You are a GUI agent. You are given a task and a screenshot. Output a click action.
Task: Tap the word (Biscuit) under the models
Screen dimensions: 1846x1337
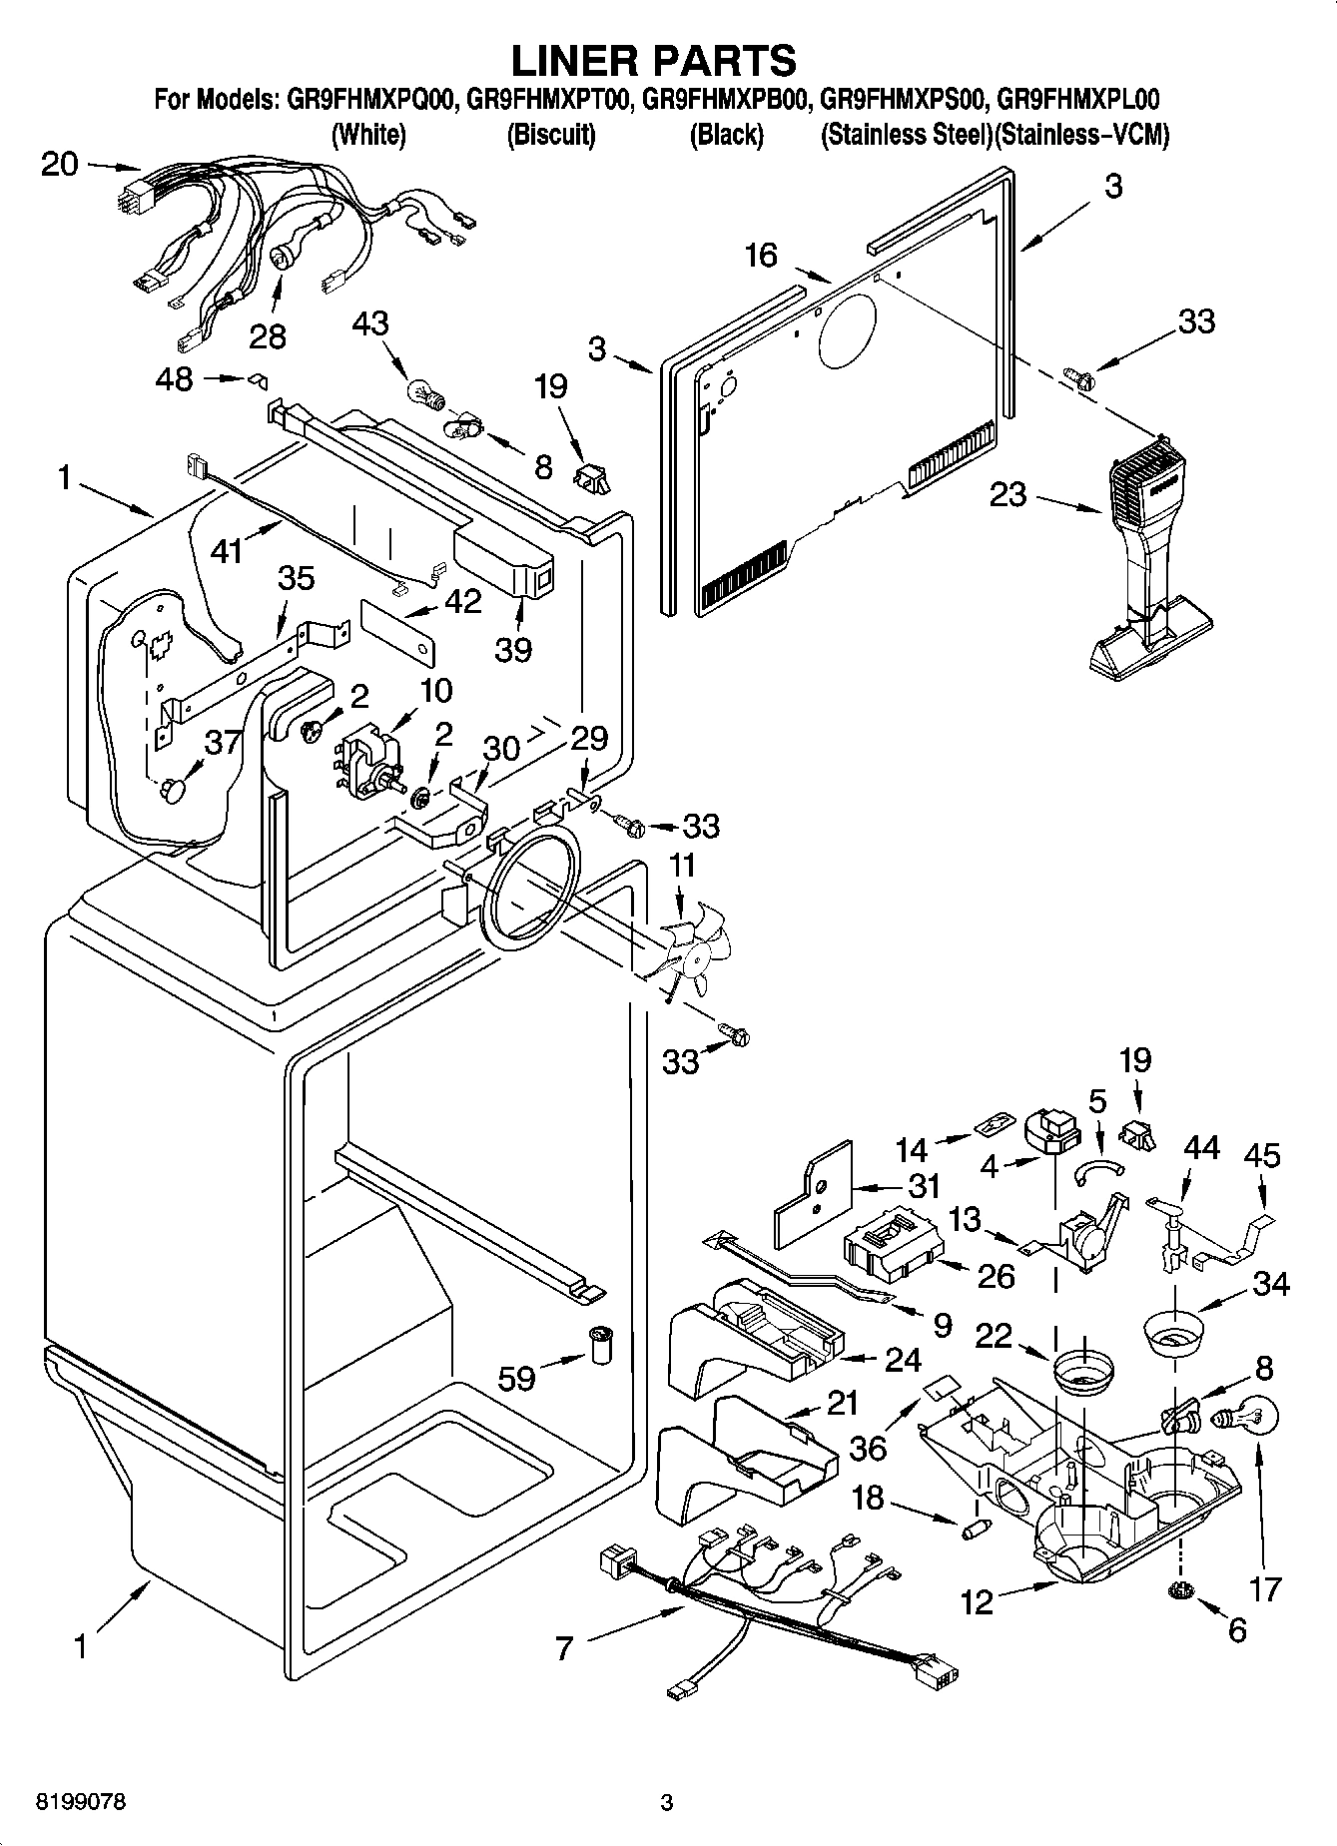[x=551, y=135]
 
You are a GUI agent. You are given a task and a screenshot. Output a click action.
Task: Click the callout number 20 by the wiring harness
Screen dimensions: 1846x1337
[x=60, y=164]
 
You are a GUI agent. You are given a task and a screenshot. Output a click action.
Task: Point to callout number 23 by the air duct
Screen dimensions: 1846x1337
[x=1007, y=494]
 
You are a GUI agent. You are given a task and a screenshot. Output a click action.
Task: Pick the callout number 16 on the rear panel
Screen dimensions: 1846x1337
[x=761, y=256]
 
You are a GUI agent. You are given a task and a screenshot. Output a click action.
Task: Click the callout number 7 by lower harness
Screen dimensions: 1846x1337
[x=564, y=1647]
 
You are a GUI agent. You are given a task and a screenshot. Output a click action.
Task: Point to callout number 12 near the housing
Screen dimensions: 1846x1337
[x=978, y=1602]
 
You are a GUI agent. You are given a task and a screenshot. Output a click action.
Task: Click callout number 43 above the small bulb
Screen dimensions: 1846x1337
[x=370, y=324]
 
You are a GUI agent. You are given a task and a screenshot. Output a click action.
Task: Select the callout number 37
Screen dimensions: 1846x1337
[x=224, y=742]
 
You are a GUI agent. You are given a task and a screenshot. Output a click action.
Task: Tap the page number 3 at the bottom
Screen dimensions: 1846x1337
[x=667, y=1803]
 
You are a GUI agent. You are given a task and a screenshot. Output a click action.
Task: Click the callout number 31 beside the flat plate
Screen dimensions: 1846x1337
[x=925, y=1186]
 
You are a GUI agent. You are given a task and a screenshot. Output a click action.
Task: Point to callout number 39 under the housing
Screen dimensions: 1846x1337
[x=513, y=649]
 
